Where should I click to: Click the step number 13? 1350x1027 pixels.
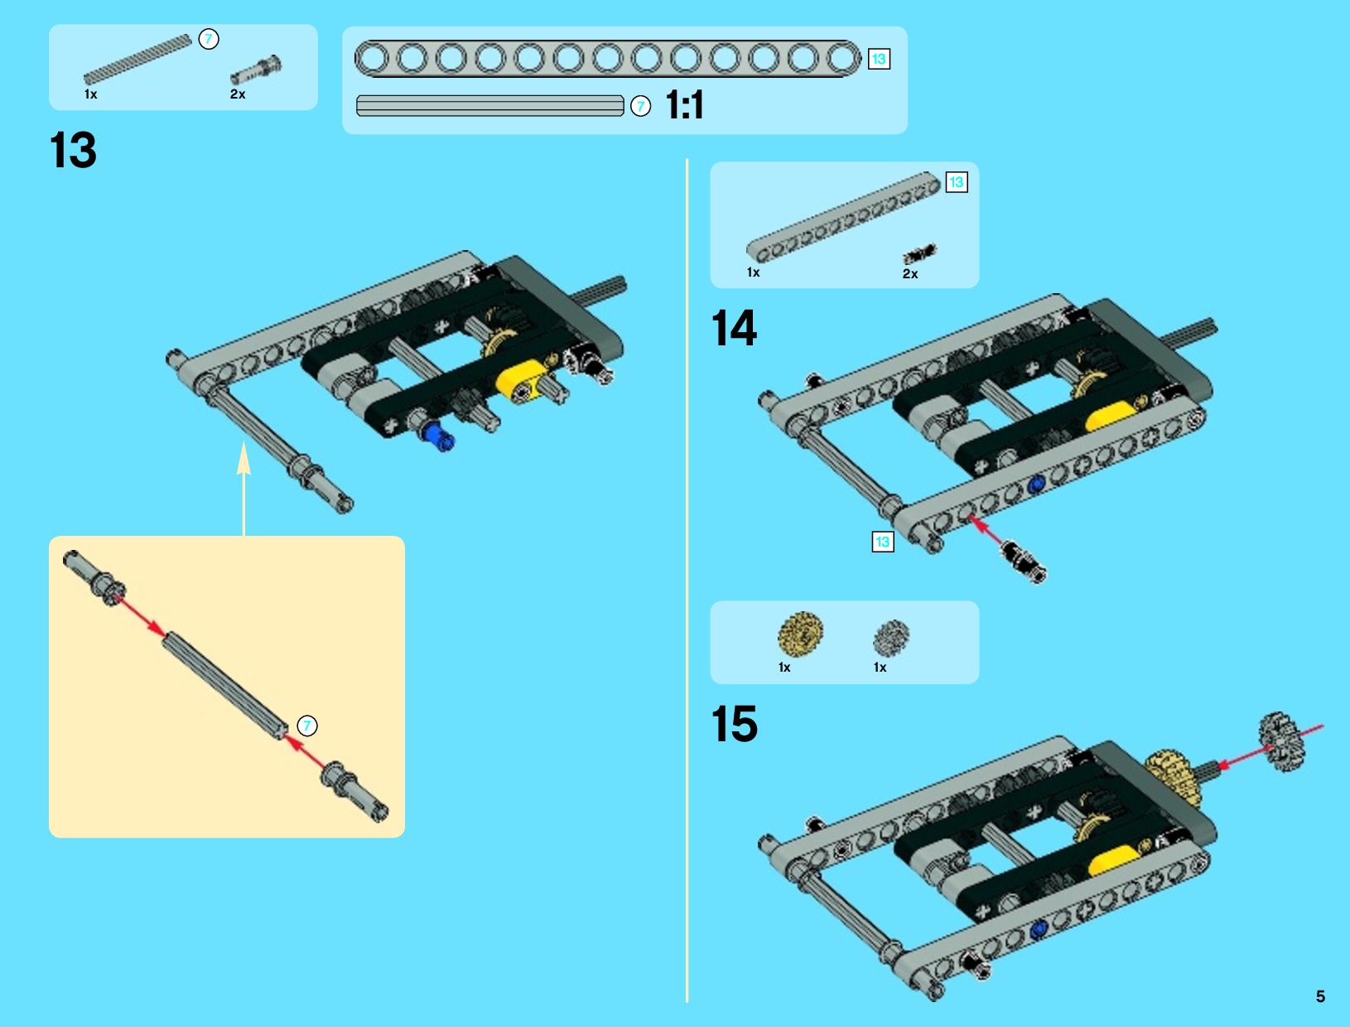point(73,150)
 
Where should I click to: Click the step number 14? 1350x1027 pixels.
point(734,328)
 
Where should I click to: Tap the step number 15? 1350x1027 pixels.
point(735,723)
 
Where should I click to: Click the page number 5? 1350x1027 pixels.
point(1320,996)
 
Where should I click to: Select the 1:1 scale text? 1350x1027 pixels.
point(685,105)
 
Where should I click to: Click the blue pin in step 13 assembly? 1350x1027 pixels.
point(438,436)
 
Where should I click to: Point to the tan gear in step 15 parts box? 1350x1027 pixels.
point(800,634)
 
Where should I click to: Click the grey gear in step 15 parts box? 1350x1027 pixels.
point(891,638)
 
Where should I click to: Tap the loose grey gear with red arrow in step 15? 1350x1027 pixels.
point(1281,741)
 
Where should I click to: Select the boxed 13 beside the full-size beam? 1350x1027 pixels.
point(879,59)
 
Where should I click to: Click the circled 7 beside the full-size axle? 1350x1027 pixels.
point(640,106)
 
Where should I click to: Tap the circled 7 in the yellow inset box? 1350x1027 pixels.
point(307,726)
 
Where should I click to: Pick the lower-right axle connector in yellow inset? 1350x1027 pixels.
point(354,792)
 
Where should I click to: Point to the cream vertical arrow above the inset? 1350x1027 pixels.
point(244,489)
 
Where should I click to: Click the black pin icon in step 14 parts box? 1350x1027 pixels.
point(919,253)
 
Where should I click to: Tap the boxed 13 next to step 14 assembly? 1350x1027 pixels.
point(883,542)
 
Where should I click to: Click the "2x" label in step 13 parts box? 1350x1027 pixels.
point(238,94)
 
